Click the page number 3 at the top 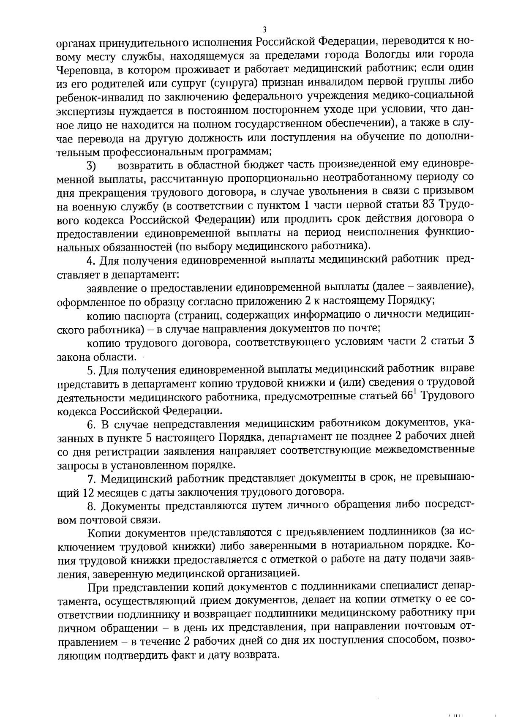pyautogui.click(x=264, y=29)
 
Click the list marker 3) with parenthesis pyautogui.click(x=92, y=165)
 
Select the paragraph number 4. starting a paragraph pyautogui.click(x=90, y=260)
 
